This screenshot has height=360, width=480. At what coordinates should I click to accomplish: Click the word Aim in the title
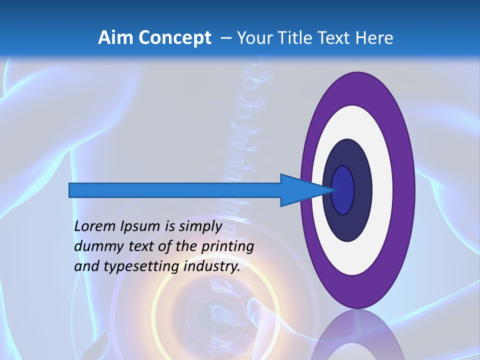[116, 37]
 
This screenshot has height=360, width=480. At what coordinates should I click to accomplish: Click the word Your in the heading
[256, 38]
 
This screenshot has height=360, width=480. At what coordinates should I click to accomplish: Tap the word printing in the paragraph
[227, 247]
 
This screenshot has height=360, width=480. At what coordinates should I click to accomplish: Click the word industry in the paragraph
[212, 266]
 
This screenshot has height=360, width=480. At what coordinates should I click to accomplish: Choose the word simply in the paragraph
[200, 227]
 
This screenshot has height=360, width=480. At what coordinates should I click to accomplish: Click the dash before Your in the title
[225, 38]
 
